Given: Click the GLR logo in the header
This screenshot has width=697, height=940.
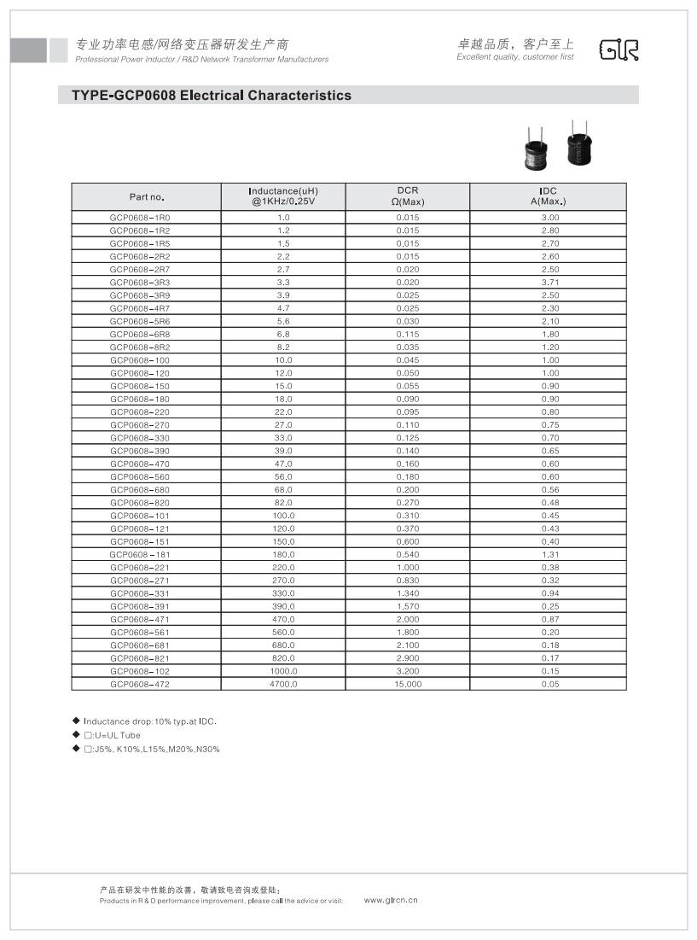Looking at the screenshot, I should coord(619,50).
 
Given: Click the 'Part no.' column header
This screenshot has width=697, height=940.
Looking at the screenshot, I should coord(146,197).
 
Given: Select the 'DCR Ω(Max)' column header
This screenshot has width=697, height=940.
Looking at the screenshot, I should coord(407,196).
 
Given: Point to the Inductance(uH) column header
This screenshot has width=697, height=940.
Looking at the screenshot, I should coord(283,196).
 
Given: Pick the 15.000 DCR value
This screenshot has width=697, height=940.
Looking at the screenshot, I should coord(407,684).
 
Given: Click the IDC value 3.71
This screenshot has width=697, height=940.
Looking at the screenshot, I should coord(549,283).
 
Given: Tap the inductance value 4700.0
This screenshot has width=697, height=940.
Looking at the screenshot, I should coord(283,684).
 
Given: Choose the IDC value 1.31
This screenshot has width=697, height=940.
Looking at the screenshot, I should coord(549,554).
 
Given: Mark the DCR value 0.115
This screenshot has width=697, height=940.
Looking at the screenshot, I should coord(407,335).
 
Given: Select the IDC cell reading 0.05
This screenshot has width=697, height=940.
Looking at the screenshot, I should coord(549,684).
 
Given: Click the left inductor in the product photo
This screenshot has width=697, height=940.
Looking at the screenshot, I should coord(535,151).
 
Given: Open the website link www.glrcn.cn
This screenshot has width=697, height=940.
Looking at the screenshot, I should coord(391,900).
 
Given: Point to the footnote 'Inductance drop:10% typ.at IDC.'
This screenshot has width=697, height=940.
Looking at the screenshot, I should coord(150,721).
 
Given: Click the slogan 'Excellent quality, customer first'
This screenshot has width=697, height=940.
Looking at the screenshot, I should coord(515,57).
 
